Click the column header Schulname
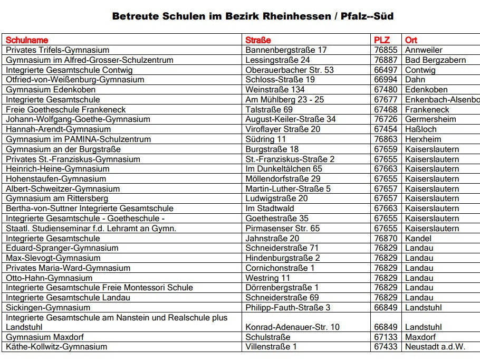tap(27, 40)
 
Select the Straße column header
tap(258, 40)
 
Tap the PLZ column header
tap(382, 40)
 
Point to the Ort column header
tap(411, 40)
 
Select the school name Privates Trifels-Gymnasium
tap(57, 50)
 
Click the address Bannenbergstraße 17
tap(286, 50)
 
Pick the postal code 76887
tap(386, 60)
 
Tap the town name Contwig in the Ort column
tap(420, 70)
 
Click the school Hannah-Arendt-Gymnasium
tap(58, 129)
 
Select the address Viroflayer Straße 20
tap(283, 129)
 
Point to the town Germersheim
tap(430, 119)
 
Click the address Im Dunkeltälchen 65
tap(284, 169)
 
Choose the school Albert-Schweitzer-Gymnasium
tap(63, 189)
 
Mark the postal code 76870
tap(386, 239)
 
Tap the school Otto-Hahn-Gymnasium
tap(49, 278)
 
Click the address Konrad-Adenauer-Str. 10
tap(292, 327)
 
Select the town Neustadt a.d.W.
tap(435, 347)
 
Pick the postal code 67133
tap(386, 337)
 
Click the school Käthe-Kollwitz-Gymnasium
tap(56, 347)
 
